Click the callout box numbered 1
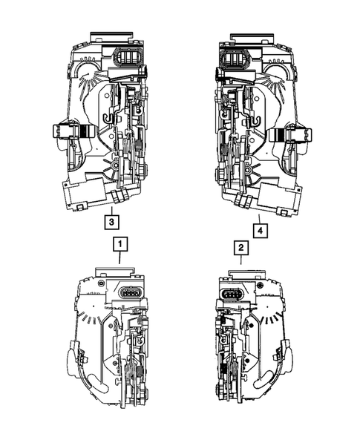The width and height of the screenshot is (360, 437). tap(120, 244)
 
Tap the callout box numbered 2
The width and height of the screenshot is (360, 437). tap(240, 247)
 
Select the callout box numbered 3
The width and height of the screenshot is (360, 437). tap(111, 222)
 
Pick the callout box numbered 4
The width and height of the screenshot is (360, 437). tap(261, 231)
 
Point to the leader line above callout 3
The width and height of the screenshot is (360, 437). tap(111, 211)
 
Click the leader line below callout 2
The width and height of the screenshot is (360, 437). tap(240, 260)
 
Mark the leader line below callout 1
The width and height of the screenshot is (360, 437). tap(120, 257)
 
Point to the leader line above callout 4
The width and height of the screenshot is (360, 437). tap(259, 219)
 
